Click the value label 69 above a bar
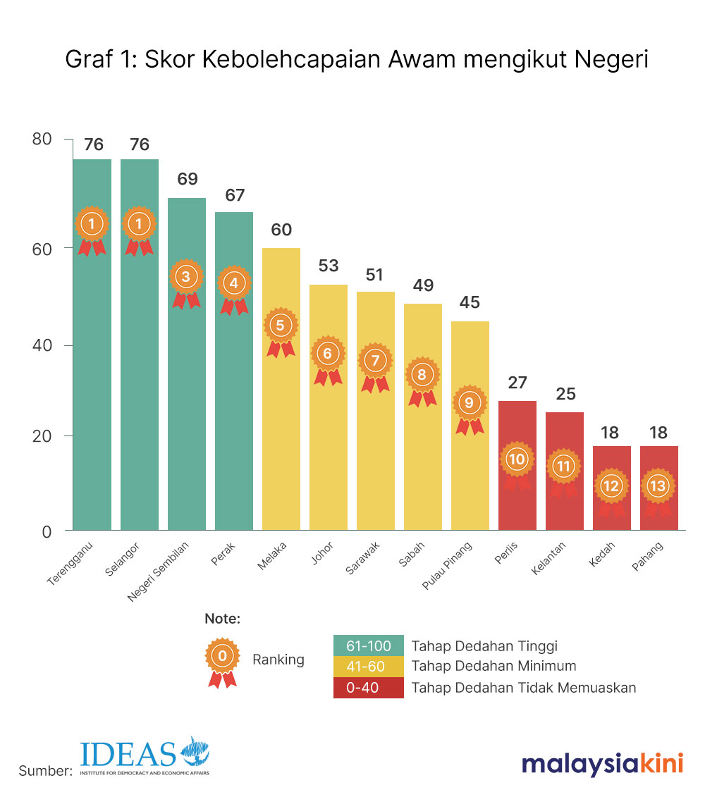[187, 179]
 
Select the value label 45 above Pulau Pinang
[470, 302]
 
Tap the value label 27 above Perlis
[517, 383]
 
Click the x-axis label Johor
[322, 552]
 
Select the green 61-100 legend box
[368, 645]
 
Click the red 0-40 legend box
[368, 688]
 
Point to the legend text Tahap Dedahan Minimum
[493, 666]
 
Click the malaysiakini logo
[602, 764]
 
